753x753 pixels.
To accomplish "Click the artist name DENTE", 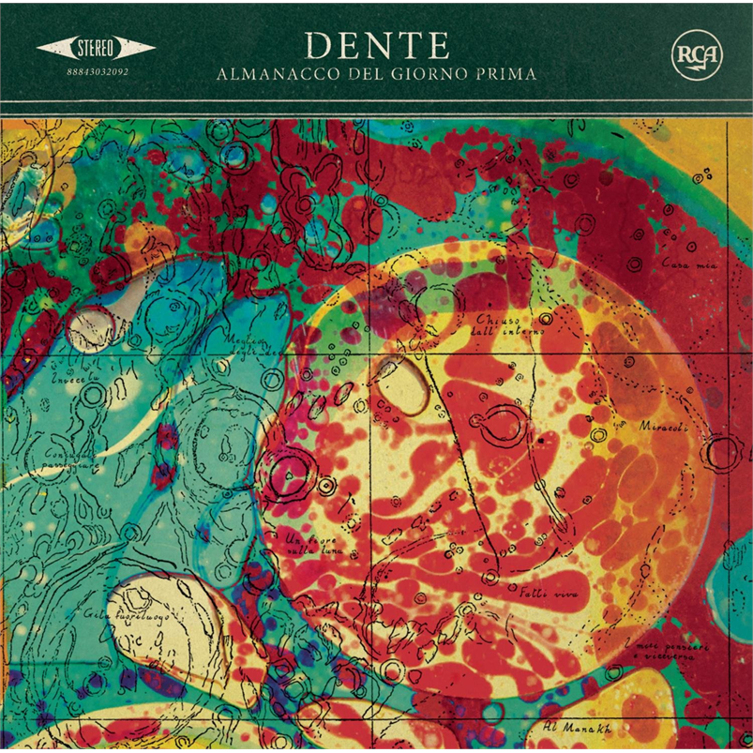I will coord(377,45).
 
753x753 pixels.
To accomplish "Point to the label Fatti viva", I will coord(535,593).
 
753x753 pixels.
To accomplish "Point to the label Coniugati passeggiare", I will coord(51,460).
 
